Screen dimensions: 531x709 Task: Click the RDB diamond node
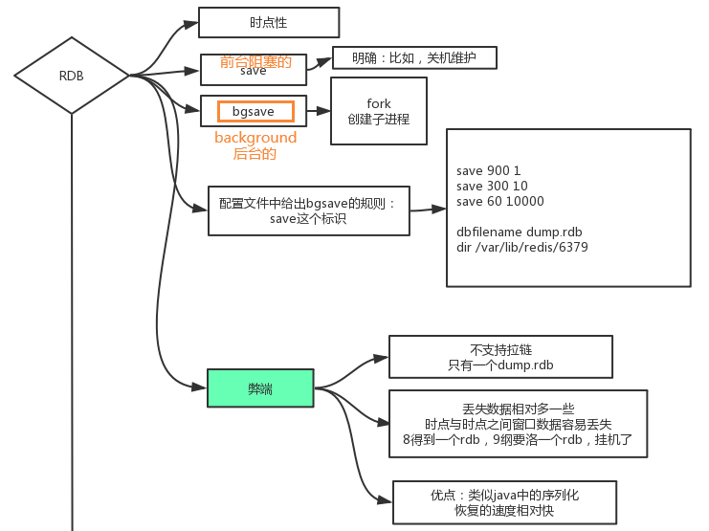pyautogui.click(x=72, y=76)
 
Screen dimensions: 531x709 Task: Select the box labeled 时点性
pyautogui.click(x=255, y=22)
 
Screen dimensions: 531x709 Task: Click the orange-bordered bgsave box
pyautogui.click(x=254, y=112)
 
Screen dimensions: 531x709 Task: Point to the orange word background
pyautogui.click(x=255, y=138)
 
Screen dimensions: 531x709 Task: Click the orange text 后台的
pyautogui.click(x=255, y=153)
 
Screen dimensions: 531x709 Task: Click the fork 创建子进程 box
pyautogui.click(x=378, y=111)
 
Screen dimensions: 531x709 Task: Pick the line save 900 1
pyautogui.click(x=488, y=170)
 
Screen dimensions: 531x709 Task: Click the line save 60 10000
pyautogui.click(x=499, y=201)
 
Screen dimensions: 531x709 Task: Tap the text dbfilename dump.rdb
pyautogui.click(x=519, y=232)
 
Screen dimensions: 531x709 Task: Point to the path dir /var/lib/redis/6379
pyautogui.click(x=521, y=247)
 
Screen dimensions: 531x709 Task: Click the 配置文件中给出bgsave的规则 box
pyautogui.click(x=308, y=210)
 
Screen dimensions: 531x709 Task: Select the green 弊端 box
pyautogui.click(x=260, y=387)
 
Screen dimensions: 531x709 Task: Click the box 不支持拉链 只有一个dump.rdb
pyautogui.click(x=500, y=357)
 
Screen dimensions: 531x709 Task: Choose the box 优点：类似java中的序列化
pyautogui.click(x=504, y=502)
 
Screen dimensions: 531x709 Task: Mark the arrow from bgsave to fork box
pyautogui.click(x=318, y=112)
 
